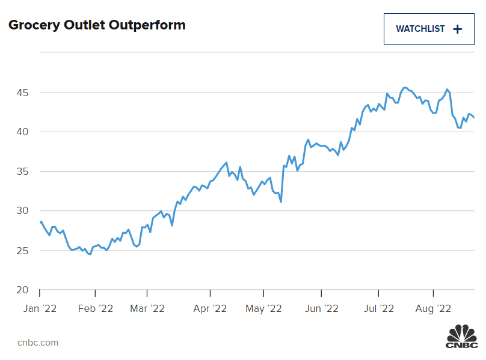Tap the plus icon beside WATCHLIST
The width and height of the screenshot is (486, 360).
click(x=458, y=29)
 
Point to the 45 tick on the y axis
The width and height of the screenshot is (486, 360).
click(x=22, y=93)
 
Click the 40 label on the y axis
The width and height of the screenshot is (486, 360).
click(x=22, y=132)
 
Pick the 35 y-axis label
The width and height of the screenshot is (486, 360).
click(x=22, y=172)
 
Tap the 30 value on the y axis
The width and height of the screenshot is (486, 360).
click(x=22, y=211)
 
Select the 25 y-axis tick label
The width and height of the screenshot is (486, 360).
click(x=22, y=251)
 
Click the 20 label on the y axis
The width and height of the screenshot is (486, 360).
click(x=22, y=290)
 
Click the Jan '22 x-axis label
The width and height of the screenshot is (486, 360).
click(x=40, y=309)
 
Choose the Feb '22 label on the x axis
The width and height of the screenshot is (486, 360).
click(x=96, y=309)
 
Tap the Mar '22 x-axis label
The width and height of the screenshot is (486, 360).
click(x=148, y=309)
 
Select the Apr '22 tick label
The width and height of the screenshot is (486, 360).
click(x=210, y=309)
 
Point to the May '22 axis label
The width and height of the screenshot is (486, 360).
click(x=264, y=309)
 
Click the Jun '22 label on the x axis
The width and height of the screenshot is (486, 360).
click(x=321, y=309)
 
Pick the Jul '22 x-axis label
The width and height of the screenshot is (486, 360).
click(x=379, y=309)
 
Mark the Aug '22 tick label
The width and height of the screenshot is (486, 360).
click(x=434, y=309)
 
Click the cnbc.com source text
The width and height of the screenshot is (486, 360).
click(x=38, y=343)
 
